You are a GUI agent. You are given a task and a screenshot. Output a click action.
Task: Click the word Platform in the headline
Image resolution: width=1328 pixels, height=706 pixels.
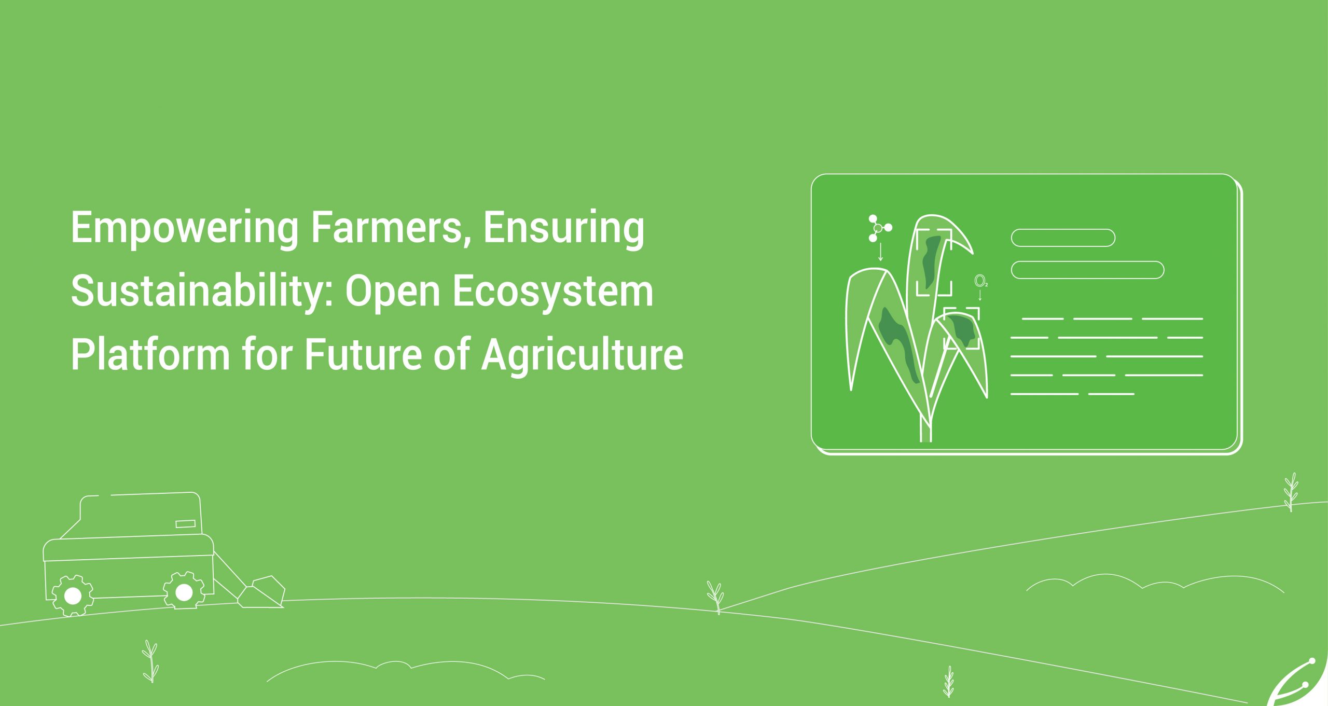(150, 355)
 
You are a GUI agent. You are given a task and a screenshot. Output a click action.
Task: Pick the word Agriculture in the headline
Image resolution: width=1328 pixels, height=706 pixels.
(582, 357)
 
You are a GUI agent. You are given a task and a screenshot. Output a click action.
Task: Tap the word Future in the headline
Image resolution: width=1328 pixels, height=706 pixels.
(362, 355)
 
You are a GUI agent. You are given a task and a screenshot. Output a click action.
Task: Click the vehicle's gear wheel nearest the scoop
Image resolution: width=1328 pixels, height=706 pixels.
(183, 591)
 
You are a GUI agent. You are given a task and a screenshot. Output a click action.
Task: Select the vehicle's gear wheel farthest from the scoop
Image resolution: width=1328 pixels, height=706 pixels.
(73, 596)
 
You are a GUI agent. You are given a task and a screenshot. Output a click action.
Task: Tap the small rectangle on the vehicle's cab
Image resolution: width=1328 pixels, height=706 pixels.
(185, 524)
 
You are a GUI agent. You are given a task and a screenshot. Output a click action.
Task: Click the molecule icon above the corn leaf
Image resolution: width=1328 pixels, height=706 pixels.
(879, 228)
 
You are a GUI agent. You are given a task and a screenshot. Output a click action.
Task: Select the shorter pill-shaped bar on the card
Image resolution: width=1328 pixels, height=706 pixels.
(1063, 238)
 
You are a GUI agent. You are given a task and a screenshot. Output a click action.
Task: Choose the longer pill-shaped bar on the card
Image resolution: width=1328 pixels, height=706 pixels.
(1087, 270)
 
